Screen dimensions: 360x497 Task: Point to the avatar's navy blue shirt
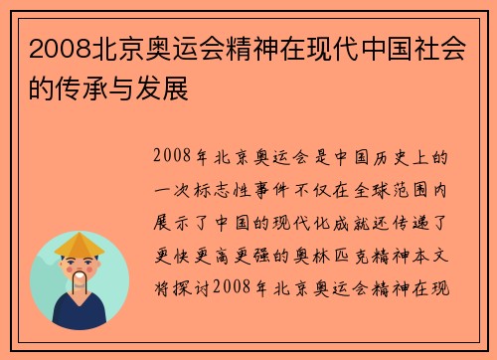click(x=80, y=315)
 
